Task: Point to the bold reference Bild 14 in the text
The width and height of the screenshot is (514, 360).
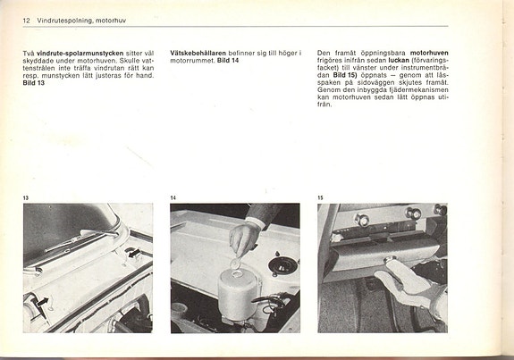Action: [x=228, y=61]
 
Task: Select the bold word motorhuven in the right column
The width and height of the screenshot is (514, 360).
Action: [x=428, y=54]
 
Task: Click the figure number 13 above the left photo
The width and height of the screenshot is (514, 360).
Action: [x=26, y=197]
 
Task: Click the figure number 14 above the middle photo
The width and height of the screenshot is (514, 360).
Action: [x=173, y=197]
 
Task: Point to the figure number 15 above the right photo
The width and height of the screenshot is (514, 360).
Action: [x=321, y=197]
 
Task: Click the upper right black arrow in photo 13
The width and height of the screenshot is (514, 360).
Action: [x=132, y=253]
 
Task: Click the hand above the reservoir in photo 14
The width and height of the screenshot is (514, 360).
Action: [x=243, y=237]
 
